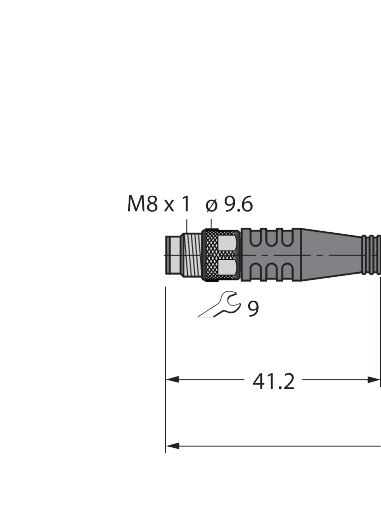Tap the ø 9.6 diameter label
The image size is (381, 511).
229,204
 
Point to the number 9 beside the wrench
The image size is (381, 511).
253,309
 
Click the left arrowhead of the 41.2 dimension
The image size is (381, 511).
172,380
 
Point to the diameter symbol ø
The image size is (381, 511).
210,204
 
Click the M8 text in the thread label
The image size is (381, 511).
141,204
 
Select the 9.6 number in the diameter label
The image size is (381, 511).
238,204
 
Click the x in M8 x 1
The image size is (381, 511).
169,205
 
